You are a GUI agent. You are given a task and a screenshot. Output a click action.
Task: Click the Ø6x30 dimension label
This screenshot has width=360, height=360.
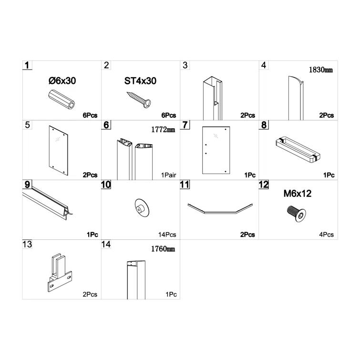(62, 81)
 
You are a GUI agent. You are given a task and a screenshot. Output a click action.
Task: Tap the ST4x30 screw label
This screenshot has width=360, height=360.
(140, 81)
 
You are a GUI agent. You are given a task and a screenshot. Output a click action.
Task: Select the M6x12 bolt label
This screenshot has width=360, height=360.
(298, 194)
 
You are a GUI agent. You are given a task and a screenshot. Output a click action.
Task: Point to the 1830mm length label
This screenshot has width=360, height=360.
(320, 70)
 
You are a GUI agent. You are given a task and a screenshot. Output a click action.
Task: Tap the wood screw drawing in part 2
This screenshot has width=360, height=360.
(139, 99)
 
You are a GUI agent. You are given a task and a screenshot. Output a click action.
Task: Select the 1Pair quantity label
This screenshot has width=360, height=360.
(168, 175)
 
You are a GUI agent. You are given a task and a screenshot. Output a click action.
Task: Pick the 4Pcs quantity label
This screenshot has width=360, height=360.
(327, 235)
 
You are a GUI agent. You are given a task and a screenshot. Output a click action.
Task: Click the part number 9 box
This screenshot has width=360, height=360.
(27, 184)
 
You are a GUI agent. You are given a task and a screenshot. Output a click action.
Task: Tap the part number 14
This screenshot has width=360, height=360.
(106, 244)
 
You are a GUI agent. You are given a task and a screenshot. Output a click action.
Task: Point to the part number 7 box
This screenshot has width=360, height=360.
(185, 124)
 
